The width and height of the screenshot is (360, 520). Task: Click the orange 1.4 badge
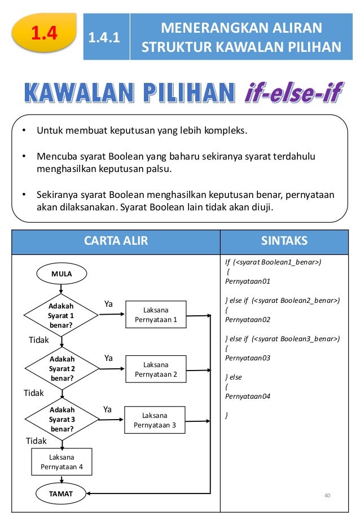click(x=45, y=34)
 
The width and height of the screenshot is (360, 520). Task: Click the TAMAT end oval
click(x=61, y=494)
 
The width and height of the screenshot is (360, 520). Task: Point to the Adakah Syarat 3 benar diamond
click(x=62, y=420)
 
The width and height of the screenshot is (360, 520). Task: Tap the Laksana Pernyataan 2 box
click(x=156, y=369)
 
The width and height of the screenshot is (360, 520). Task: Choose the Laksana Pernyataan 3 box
click(x=155, y=421)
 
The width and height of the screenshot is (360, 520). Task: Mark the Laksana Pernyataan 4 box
click(x=62, y=461)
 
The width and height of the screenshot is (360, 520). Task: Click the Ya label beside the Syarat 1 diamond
click(x=108, y=305)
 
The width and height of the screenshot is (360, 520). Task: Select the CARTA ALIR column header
click(x=116, y=241)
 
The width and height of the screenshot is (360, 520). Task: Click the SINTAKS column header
click(x=284, y=241)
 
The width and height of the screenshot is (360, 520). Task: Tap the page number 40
click(x=327, y=495)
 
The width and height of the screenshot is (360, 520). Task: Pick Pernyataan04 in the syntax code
click(x=247, y=396)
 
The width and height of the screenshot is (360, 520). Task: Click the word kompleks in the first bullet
click(x=225, y=131)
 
